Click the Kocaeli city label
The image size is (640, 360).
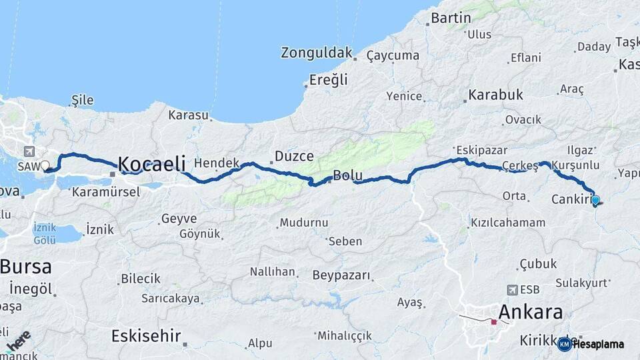(155, 163)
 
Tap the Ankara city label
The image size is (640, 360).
(531, 311)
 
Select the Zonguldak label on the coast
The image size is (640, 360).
(316, 53)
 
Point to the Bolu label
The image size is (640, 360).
(347, 176)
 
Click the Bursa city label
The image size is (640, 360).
(25, 267)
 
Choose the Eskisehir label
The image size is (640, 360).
(146, 335)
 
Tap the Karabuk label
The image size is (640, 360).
(495, 95)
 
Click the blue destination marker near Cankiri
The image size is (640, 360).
(595, 199)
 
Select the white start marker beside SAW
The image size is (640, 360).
(45, 165)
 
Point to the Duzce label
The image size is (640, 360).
(294, 157)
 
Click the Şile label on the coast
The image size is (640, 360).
(82, 100)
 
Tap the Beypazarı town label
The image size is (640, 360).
(341, 275)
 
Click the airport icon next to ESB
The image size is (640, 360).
(512, 290)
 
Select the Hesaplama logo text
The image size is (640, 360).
(598, 345)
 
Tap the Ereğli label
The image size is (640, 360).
(328, 80)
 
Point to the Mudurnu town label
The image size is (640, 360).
(304, 223)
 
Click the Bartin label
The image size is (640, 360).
(451, 18)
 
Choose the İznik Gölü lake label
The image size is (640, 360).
(45, 233)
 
